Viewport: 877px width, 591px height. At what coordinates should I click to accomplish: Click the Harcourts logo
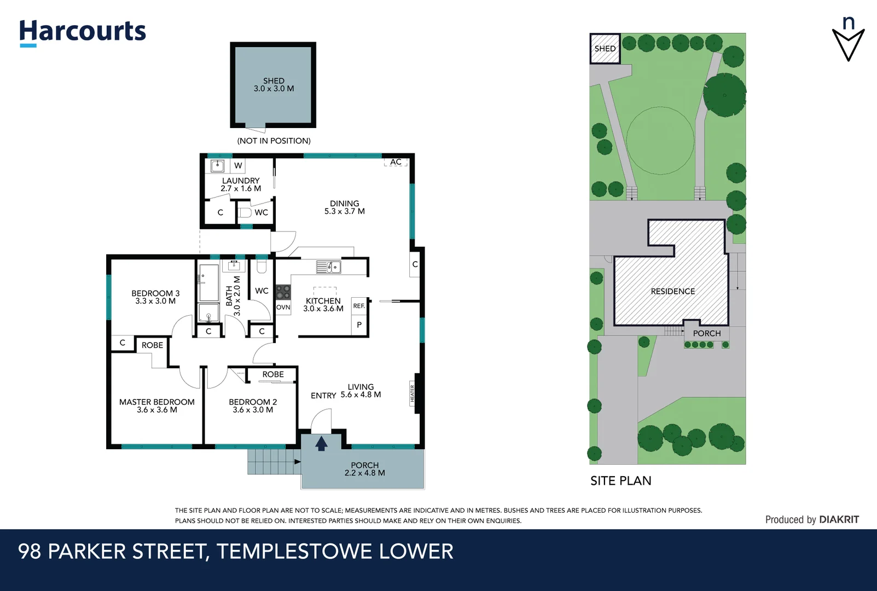[83, 33]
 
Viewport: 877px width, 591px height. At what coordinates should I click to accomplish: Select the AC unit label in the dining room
[396, 162]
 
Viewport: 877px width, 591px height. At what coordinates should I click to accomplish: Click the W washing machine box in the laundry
[238, 166]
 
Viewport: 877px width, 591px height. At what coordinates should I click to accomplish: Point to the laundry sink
[217, 166]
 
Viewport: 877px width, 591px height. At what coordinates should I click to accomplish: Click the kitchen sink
[329, 266]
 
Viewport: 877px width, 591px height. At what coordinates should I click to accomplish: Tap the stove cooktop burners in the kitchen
[283, 292]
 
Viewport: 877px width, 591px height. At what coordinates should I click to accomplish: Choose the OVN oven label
[283, 308]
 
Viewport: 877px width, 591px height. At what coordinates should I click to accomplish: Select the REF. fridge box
[359, 306]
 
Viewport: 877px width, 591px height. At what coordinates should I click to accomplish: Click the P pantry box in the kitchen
[359, 325]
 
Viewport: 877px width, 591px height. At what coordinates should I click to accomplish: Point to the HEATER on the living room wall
[413, 393]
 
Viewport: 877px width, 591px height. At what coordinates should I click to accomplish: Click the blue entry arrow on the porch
[322, 443]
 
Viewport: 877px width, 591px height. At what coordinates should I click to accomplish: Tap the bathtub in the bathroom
[208, 282]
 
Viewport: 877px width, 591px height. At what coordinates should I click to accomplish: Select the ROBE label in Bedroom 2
[273, 374]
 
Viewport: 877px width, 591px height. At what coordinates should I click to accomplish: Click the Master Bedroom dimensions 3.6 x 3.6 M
[157, 410]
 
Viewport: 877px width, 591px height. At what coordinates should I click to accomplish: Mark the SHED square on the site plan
[605, 49]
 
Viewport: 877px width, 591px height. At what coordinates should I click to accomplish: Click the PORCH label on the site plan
[707, 333]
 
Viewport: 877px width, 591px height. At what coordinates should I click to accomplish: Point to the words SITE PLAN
[621, 481]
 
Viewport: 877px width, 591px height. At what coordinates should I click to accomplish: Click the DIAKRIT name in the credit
[839, 520]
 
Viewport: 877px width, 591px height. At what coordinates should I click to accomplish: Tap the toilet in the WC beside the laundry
[245, 213]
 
